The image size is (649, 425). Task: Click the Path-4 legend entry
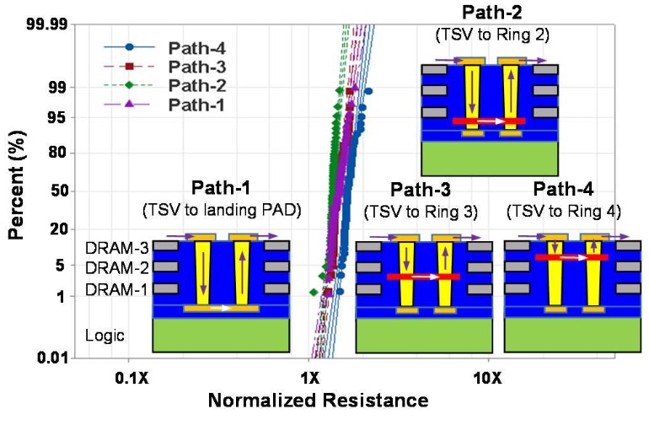(x=164, y=48)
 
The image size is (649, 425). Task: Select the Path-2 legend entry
(x=164, y=85)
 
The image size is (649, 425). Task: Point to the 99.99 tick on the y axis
(x=46, y=24)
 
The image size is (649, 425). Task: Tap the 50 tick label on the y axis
(x=59, y=191)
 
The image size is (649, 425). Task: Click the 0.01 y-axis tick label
(x=52, y=357)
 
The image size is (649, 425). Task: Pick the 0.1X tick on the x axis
(x=131, y=378)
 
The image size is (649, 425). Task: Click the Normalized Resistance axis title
(x=318, y=401)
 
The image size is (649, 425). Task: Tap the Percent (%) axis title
(x=17, y=185)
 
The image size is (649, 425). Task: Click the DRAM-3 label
(x=116, y=248)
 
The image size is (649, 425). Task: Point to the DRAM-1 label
(x=116, y=289)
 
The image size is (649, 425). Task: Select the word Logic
(x=105, y=335)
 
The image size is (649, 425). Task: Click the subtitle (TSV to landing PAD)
(x=222, y=210)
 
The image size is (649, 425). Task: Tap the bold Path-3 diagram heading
(x=421, y=189)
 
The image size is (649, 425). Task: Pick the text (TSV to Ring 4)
(x=564, y=212)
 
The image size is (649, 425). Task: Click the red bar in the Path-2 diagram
(x=489, y=121)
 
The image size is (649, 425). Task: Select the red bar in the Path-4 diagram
(x=571, y=257)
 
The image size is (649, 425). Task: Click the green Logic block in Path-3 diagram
(x=424, y=336)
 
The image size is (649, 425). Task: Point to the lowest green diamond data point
(x=314, y=292)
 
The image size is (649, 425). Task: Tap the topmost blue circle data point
(x=368, y=91)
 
